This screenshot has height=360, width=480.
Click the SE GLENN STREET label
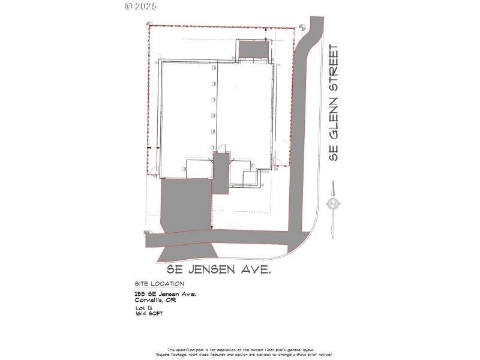coord(335,102)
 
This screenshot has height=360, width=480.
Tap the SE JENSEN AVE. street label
coord(214,271)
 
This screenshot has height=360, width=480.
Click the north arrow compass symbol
coord(332,204)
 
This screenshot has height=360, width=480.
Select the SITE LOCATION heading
coord(160,284)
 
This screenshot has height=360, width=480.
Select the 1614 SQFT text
coord(149,314)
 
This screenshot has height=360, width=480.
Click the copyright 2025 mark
coord(140,7)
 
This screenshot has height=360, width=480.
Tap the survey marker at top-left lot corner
coord(148,25)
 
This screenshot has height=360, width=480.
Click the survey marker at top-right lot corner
coord(301,26)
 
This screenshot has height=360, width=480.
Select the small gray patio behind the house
coord(253,49)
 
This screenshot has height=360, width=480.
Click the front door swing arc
coord(222,148)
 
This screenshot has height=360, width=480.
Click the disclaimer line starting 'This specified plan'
coord(240,349)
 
